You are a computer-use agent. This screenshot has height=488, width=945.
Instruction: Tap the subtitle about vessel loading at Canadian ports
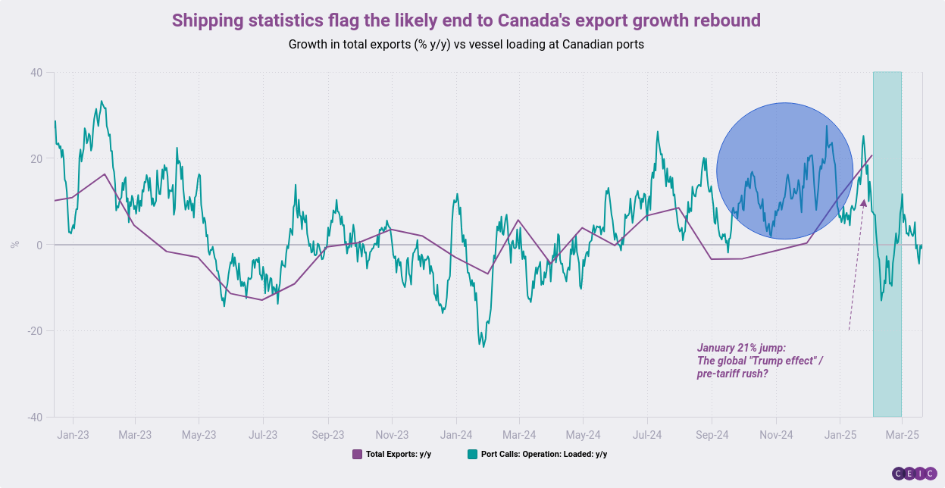466,44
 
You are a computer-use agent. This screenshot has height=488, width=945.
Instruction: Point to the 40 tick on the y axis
36,73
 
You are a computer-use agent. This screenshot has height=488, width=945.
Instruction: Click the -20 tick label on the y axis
35,331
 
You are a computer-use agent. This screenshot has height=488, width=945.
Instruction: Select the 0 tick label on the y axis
39,245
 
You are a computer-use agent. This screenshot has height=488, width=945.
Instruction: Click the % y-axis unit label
14,244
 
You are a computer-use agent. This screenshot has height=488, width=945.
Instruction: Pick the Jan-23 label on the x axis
73,435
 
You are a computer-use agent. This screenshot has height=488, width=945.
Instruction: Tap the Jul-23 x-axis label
263,435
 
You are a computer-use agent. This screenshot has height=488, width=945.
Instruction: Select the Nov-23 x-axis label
392,435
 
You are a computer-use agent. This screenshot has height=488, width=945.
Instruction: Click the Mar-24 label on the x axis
519,435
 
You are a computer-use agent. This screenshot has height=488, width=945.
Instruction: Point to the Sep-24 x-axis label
712,435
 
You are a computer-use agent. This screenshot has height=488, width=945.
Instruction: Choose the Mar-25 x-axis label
902,435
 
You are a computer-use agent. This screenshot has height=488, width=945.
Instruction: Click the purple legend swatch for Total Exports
358,454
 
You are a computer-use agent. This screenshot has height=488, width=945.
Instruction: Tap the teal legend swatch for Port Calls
473,454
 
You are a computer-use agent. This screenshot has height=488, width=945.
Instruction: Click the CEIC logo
914,474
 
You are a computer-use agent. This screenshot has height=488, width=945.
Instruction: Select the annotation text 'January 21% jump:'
741,348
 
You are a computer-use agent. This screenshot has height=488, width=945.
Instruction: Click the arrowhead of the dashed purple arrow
864,203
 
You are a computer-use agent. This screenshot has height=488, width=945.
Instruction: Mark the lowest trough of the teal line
483,347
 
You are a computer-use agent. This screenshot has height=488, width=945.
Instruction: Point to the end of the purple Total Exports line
872,155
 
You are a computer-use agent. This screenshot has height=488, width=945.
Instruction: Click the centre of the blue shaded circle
784,170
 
